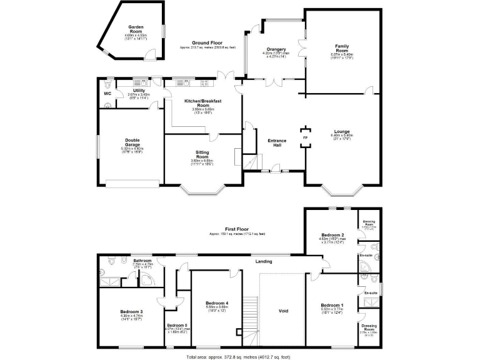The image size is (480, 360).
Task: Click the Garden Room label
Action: tap(136, 29)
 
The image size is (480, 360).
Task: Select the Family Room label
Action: tap(341, 48)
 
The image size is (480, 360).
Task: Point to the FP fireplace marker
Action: tap(305, 137)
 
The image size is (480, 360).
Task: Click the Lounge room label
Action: tap(341, 132)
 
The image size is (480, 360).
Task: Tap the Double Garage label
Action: tap(132, 141)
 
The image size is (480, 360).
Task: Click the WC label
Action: tap(107, 94)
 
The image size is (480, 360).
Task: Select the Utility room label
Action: tap(139, 91)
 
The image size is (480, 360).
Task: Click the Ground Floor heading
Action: tap(207, 42)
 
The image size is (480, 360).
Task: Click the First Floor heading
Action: tap(237, 229)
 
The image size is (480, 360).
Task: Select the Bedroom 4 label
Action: tap(217, 304)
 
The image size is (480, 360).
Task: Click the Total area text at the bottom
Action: tap(239, 356)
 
